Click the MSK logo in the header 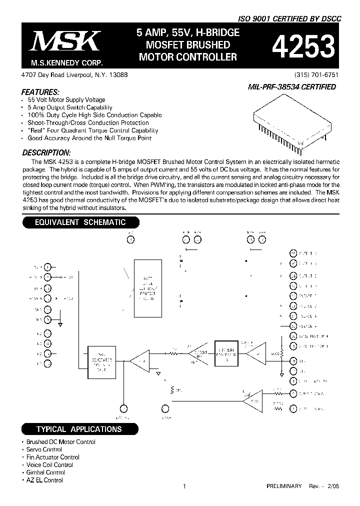pos(65,41)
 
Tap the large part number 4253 pos(302,47)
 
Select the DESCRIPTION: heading pos(46,152)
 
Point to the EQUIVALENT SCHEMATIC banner pos(80,222)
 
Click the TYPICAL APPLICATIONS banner pos(78,429)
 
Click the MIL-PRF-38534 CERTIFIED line pos(292,86)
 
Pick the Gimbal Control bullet pos(45,472)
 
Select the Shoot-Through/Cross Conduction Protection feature pos(88,122)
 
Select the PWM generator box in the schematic pos(102,359)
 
